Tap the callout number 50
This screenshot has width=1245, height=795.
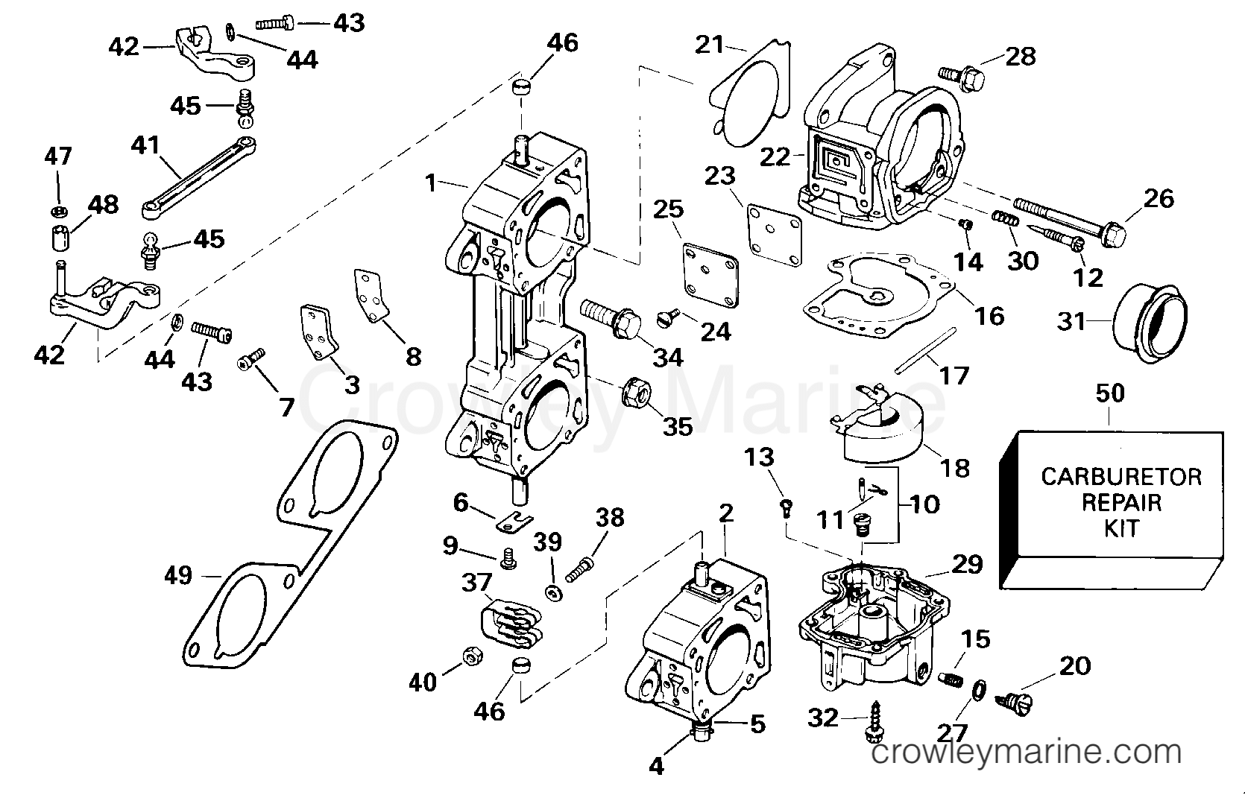point(1111,393)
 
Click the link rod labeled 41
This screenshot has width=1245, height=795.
point(198,177)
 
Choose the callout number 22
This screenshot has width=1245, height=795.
point(776,156)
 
